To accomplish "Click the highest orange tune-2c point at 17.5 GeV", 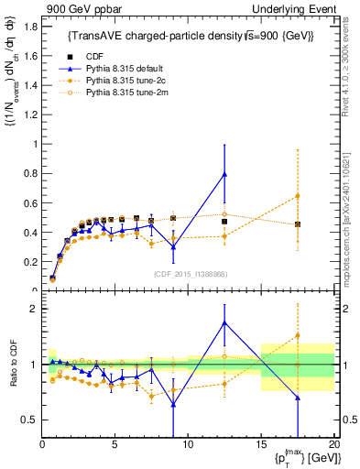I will click(298, 196).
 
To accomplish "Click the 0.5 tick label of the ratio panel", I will click(29, 420).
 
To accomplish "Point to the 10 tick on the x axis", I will click(188, 444).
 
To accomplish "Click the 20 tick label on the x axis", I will click(333, 444).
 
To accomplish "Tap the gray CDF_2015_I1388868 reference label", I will click(189, 274).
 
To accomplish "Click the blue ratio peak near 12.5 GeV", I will click(224, 322).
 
